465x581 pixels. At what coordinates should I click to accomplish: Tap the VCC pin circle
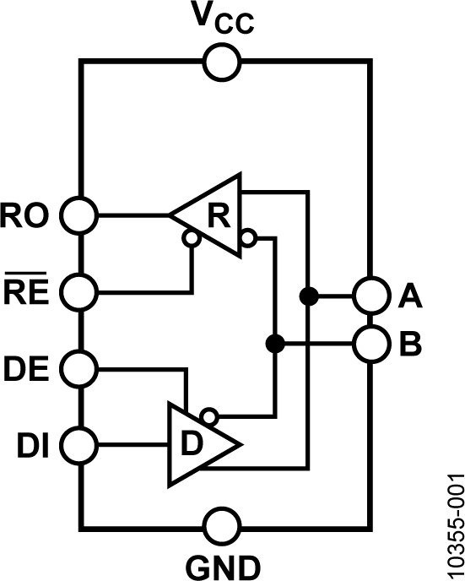coord(223,61)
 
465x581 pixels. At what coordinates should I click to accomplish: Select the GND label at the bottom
coord(223,563)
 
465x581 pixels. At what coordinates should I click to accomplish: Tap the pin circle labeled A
coord(369,296)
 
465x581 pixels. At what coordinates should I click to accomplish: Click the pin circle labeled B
coord(369,344)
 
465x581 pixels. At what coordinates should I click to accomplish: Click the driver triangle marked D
coord(199,443)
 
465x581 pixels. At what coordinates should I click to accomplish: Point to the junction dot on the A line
coord(310,296)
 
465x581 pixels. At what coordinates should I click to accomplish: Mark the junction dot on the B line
coord(274,344)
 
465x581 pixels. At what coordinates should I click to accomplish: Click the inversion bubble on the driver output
coord(212,415)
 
